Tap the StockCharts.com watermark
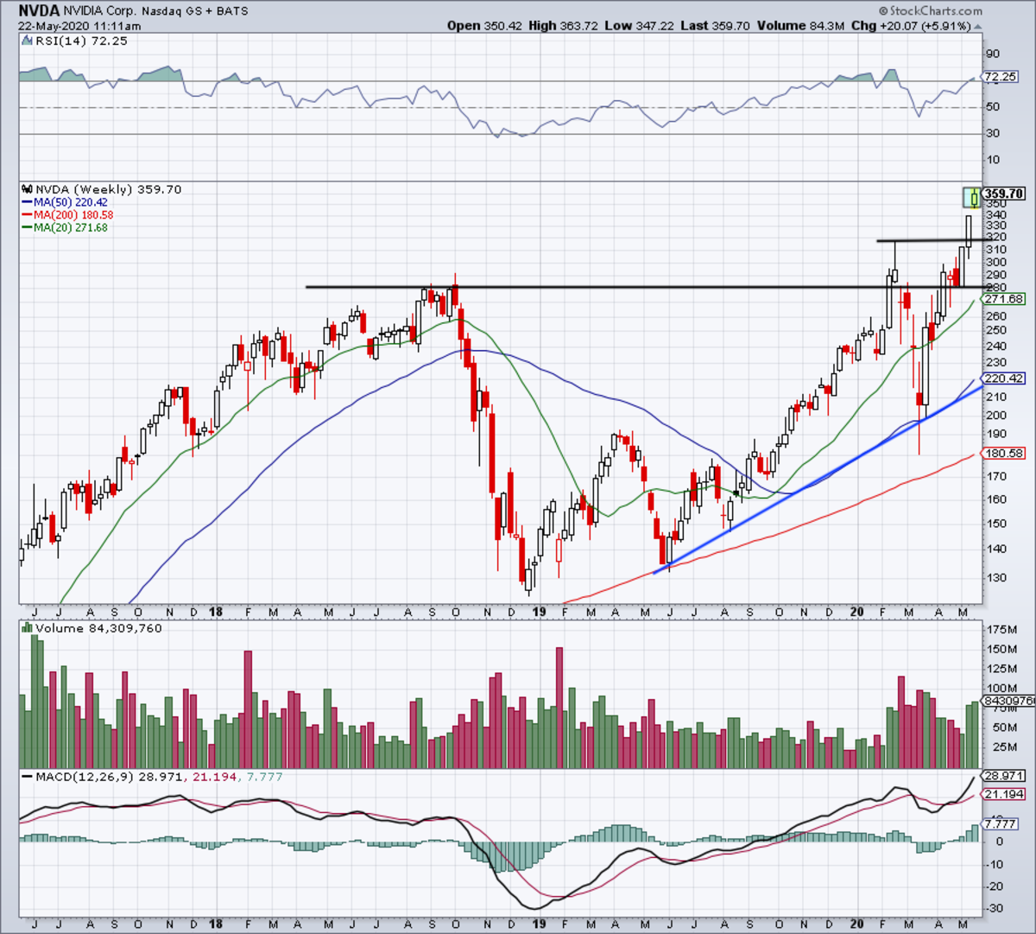(x=931, y=11)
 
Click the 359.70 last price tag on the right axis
(x=1004, y=194)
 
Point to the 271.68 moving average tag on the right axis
(x=1004, y=299)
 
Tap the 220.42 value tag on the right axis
(x=1004, y=378)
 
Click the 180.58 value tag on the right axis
(x=1004, y=453)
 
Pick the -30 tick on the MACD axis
(x=995, y=908)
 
